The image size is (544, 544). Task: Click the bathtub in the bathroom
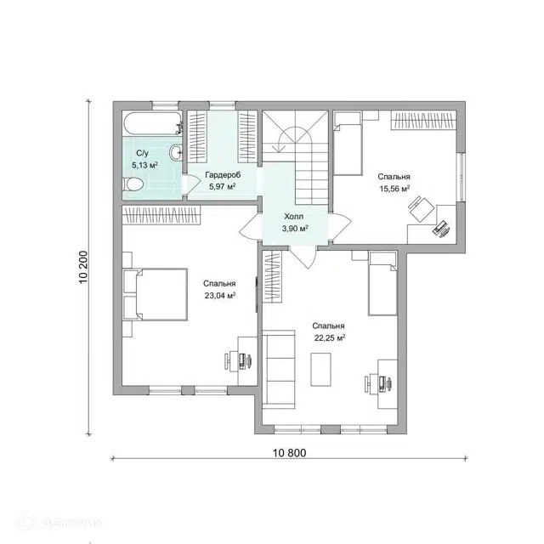point(153,123)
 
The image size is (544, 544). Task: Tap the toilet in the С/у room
point(133,184)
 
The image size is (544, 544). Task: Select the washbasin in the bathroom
point(176,152)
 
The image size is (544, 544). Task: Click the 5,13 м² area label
point(145,165)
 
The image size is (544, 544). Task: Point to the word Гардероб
point(223,174)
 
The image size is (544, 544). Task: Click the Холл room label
point(294,217)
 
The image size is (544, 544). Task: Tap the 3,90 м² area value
point(295,229)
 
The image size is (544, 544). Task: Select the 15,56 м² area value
point(394,189)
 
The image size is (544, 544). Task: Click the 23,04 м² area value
point(220,296)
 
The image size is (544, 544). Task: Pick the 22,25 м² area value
point(330,338)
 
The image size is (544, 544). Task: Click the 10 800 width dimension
point(289,453)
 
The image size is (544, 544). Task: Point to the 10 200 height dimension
point(83,267)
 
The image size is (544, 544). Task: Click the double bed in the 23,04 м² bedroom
point(156,294)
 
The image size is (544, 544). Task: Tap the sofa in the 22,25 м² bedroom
point(279,370)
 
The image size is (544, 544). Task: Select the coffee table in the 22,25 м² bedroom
point(320,369)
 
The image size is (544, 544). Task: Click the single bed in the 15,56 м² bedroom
point(348,143)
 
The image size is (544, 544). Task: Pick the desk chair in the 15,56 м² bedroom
point(420,205)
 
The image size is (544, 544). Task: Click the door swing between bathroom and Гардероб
point(191,183)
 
